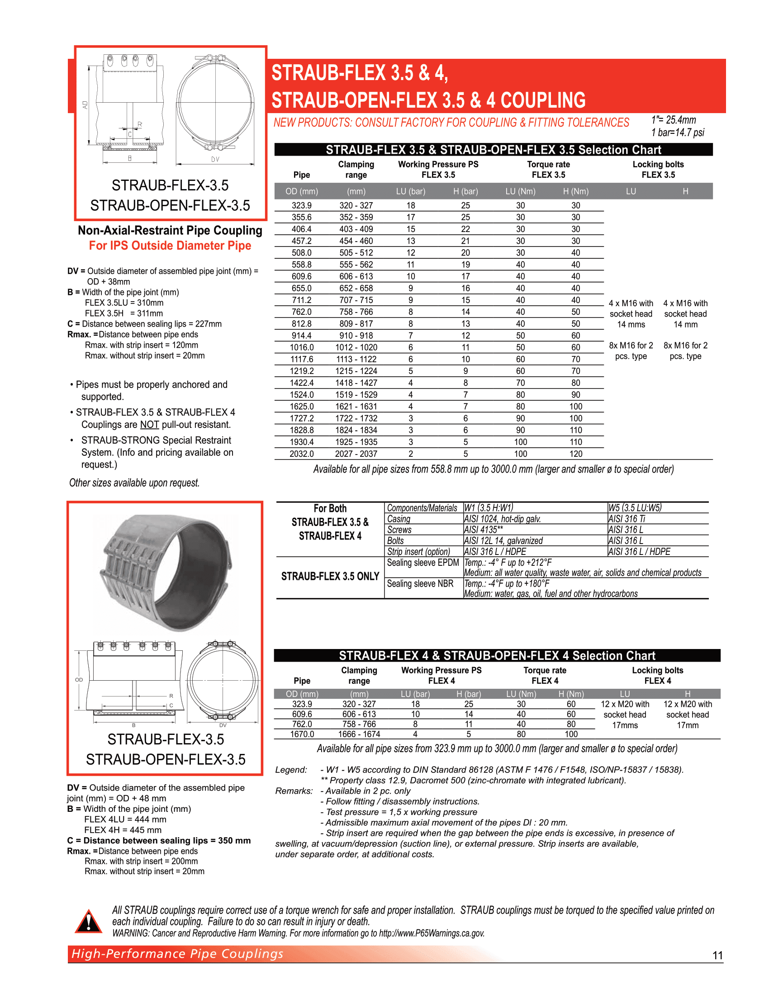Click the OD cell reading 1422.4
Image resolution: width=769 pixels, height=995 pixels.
[302, 383]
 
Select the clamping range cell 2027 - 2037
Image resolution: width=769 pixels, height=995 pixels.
[356, 454]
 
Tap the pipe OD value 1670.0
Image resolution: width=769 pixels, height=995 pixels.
[302, 734]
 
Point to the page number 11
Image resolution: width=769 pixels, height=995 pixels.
[717, 955]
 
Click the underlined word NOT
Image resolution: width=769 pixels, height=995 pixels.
[149, 425]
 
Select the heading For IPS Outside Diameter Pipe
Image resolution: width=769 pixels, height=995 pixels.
[170, 246]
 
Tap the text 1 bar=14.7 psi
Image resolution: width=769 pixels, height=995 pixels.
[678, 133]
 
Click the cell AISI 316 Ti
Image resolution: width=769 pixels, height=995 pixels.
[627, 519]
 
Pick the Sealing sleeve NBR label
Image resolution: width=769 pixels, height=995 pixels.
[420, 583]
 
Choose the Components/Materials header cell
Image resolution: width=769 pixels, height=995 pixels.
[422, 508]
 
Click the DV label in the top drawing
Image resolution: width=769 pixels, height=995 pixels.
[215, 160]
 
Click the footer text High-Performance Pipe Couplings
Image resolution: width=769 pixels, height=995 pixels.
[177, 953]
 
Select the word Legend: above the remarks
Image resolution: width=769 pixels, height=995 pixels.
[291, 769]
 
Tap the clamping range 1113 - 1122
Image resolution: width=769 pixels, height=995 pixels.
[356, 359]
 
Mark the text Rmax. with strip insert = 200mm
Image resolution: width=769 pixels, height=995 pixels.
[141, 861]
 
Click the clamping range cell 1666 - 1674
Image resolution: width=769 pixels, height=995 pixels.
[359, 734]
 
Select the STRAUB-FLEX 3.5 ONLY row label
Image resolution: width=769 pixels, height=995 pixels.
[330, 576]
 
